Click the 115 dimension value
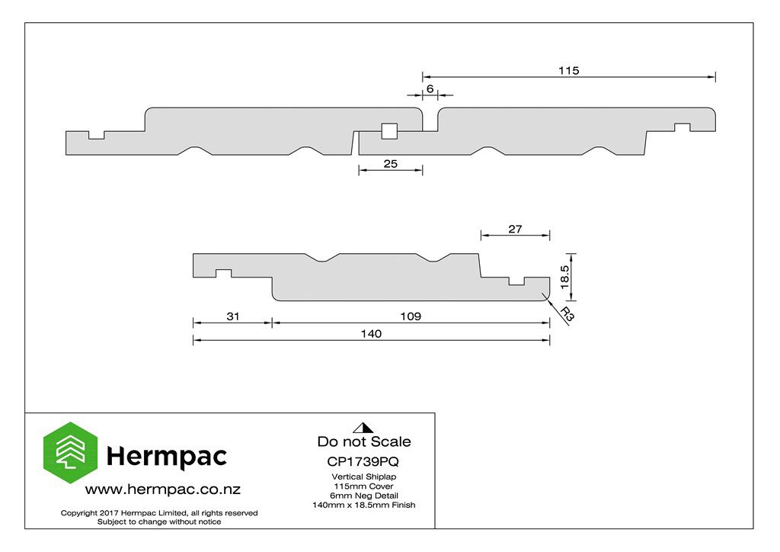568,70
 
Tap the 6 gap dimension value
430,88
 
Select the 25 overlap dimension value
391,164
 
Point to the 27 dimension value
515,229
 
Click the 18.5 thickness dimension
564,277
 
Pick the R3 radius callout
567,314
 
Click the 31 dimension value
233,316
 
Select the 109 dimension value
411,316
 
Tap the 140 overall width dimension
371,333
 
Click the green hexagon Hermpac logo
71,452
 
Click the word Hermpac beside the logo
167,457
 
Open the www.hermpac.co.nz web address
163,489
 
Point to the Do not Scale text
364,441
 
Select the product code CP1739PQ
363,461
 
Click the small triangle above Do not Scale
363,428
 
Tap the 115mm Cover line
363,486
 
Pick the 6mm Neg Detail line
364,496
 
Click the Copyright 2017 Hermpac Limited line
159,512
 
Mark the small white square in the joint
389,131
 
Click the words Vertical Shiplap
364,477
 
